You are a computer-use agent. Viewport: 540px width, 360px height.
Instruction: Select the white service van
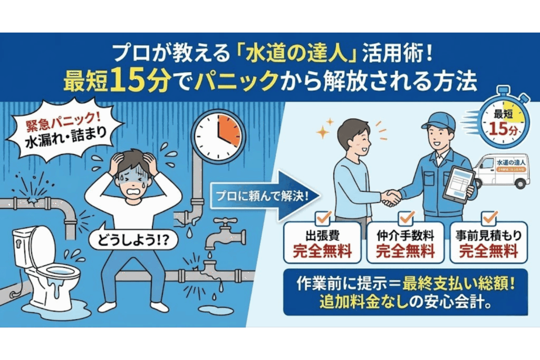(x=501, y=170)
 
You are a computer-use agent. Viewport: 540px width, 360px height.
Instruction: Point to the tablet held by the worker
(x=458, y=184)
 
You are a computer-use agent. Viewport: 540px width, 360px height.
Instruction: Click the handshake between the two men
(x=391, y=197)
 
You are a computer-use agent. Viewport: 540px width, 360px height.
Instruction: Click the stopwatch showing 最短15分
(x=502, y=122)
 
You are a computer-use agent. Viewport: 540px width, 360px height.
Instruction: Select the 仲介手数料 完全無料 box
(x=406, y=243)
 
